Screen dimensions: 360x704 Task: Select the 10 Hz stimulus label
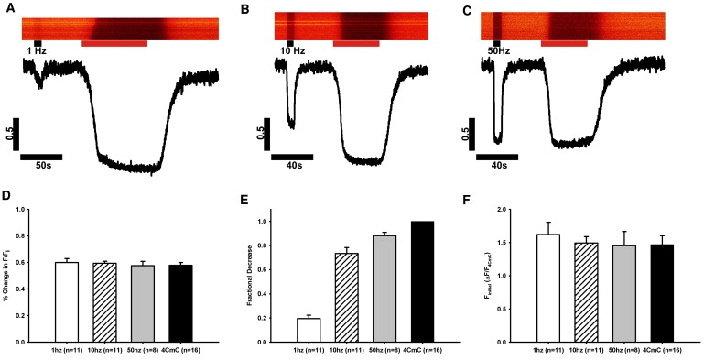293,51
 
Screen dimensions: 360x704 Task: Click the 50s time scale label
40,168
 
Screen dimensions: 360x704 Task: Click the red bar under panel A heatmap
114,43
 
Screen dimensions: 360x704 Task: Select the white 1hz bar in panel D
67,301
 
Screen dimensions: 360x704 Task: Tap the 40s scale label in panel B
292,168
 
